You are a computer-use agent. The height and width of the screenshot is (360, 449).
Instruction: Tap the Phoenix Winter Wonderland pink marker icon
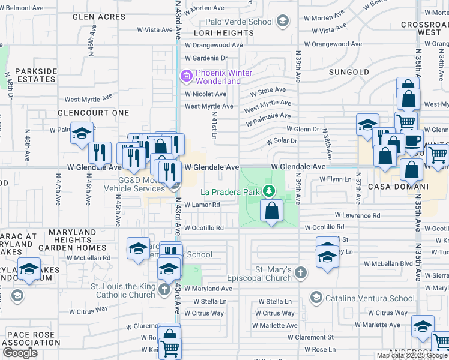click(x=186, y=76)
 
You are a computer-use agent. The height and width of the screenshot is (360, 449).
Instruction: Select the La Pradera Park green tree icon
click(x=270, y=191)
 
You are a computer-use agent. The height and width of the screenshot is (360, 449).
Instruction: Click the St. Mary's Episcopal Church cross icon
click(x=300, y=273)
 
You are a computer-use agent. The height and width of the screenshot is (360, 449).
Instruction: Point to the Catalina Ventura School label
click(x=370, y=298)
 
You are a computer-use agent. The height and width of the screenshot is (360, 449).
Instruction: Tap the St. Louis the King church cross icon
click(x=165, y=290)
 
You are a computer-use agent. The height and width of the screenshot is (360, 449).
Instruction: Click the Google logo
click(x=20, y=353)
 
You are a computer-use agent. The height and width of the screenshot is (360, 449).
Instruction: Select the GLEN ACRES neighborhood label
click(x=98, y=17)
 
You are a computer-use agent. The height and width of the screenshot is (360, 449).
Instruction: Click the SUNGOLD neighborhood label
click(x=349, y=72)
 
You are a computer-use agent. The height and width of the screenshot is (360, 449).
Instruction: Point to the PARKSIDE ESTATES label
click(x=36, y=75)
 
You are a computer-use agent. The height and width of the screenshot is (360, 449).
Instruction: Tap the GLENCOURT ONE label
click(x=93, y=113)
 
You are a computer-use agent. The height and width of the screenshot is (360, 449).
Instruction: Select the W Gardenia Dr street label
click(x=206, y=58)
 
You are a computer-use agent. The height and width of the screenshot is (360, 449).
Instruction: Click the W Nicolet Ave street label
click(x=205, y=94)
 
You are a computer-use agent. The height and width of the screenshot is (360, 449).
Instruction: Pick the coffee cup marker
click(x=412, y=141)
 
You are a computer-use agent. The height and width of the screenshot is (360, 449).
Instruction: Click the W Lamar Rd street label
click(x=202, y=205)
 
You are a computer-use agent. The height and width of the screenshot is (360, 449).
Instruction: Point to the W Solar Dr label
click(x=282, y=141)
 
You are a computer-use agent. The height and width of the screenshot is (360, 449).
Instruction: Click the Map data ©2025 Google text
click(x=411, y=355)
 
